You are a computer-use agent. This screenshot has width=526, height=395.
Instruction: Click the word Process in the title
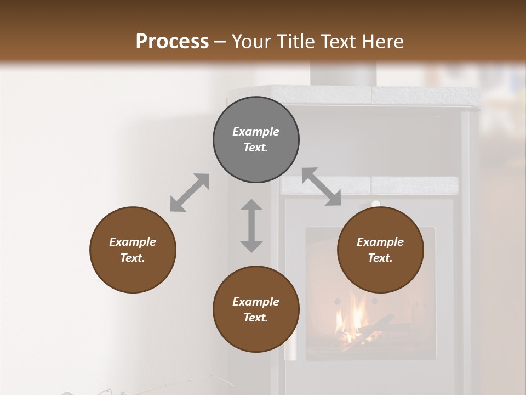(x=172, y=42)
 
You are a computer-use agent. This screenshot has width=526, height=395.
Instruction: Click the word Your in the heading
(x=250, y=42)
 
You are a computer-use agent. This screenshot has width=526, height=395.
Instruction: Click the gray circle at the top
(x=256, y=139)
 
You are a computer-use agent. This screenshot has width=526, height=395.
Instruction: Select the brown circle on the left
(x=133, y=250)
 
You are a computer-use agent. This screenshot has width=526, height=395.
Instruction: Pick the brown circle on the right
(x=380, y=250)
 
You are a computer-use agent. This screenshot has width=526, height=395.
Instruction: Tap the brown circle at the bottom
(x=256, y=309)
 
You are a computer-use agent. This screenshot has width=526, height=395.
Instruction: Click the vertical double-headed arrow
(x=251, y=225)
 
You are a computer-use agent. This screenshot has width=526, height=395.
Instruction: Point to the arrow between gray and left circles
(x=190, y=193)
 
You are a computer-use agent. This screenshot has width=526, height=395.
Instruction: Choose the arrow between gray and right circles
(x=322, y=187)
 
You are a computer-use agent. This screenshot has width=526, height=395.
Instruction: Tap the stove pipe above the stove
(x=344, y=74)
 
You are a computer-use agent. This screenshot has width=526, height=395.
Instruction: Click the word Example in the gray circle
(x=256, y=132)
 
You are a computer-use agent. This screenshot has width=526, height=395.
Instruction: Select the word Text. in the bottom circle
(x=256, y=318)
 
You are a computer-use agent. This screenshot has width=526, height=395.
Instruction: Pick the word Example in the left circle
(x=133, y=242)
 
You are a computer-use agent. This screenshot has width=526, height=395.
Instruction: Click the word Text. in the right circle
(x=380, y=258)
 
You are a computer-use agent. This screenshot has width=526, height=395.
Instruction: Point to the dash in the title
(x=220, y=42)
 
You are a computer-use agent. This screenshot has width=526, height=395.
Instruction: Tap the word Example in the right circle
(x=380, y=242)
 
